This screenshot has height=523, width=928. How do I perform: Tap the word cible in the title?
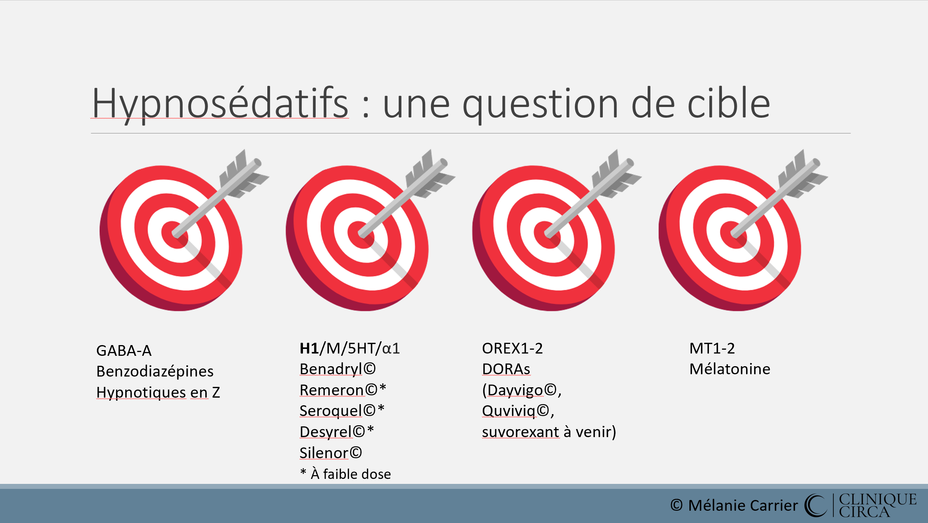729,103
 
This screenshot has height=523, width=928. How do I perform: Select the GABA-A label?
124,350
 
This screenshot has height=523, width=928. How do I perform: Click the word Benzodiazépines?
155,372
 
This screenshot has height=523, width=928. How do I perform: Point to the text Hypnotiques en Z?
158,393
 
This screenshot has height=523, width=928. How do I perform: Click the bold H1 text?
309,349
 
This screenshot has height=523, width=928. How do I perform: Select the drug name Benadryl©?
337,369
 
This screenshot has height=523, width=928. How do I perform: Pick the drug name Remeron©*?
343,390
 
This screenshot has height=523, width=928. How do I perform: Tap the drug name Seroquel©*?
342,411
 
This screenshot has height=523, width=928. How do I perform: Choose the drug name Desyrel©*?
337,432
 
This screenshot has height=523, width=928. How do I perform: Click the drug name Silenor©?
331,453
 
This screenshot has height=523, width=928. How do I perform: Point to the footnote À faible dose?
351,474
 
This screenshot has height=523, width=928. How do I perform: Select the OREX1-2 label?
512,349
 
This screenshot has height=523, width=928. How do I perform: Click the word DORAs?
506,369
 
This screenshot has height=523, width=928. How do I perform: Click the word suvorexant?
521,432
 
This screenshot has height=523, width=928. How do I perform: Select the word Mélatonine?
730,369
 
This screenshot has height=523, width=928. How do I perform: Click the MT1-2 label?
712,349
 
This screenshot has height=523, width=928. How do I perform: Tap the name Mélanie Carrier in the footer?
743,505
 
